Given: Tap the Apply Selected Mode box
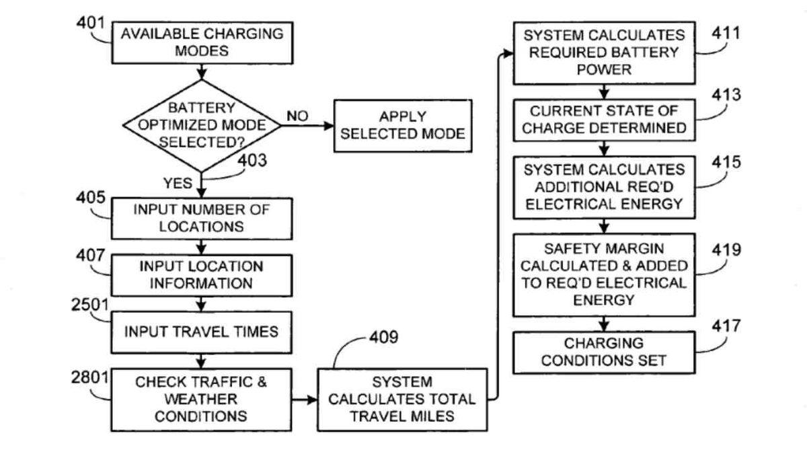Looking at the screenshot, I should click(402, 125).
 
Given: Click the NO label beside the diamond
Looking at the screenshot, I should click(297, 116).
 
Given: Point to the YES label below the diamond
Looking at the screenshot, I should click(178, 183).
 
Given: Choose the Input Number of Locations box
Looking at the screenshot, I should click(201, 218).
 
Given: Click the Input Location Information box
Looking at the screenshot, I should click(201, 274).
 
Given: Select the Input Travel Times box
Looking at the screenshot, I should click(201, 332).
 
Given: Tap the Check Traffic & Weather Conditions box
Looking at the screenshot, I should click(201, 399).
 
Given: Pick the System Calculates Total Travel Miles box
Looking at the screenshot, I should click(401, 399).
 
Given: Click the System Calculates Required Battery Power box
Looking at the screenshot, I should click(605, 53).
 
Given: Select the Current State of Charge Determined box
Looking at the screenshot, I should click(605, 118).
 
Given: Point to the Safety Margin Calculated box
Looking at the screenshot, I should click(605, 274).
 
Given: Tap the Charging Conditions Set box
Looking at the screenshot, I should click(605, 352).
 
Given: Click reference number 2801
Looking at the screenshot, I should click(90, 377).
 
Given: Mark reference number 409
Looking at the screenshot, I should click(383, 336).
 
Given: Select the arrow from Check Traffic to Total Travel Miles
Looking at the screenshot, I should click(305, 400).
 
